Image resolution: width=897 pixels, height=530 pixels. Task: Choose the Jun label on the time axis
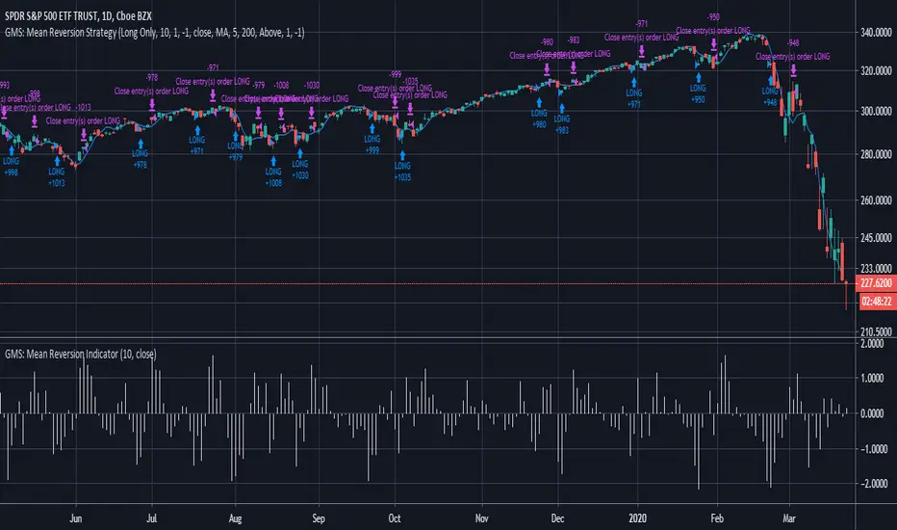point(78,517)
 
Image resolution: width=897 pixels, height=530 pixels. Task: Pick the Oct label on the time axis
point(394,517)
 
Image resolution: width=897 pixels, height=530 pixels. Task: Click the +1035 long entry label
point(402,177)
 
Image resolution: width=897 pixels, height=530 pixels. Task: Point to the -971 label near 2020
point(641,23)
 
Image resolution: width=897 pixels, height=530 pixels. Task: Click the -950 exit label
point(713,17)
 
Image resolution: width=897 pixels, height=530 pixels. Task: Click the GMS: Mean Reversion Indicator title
point(81,355)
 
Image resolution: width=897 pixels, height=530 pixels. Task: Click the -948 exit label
point(793,42)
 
